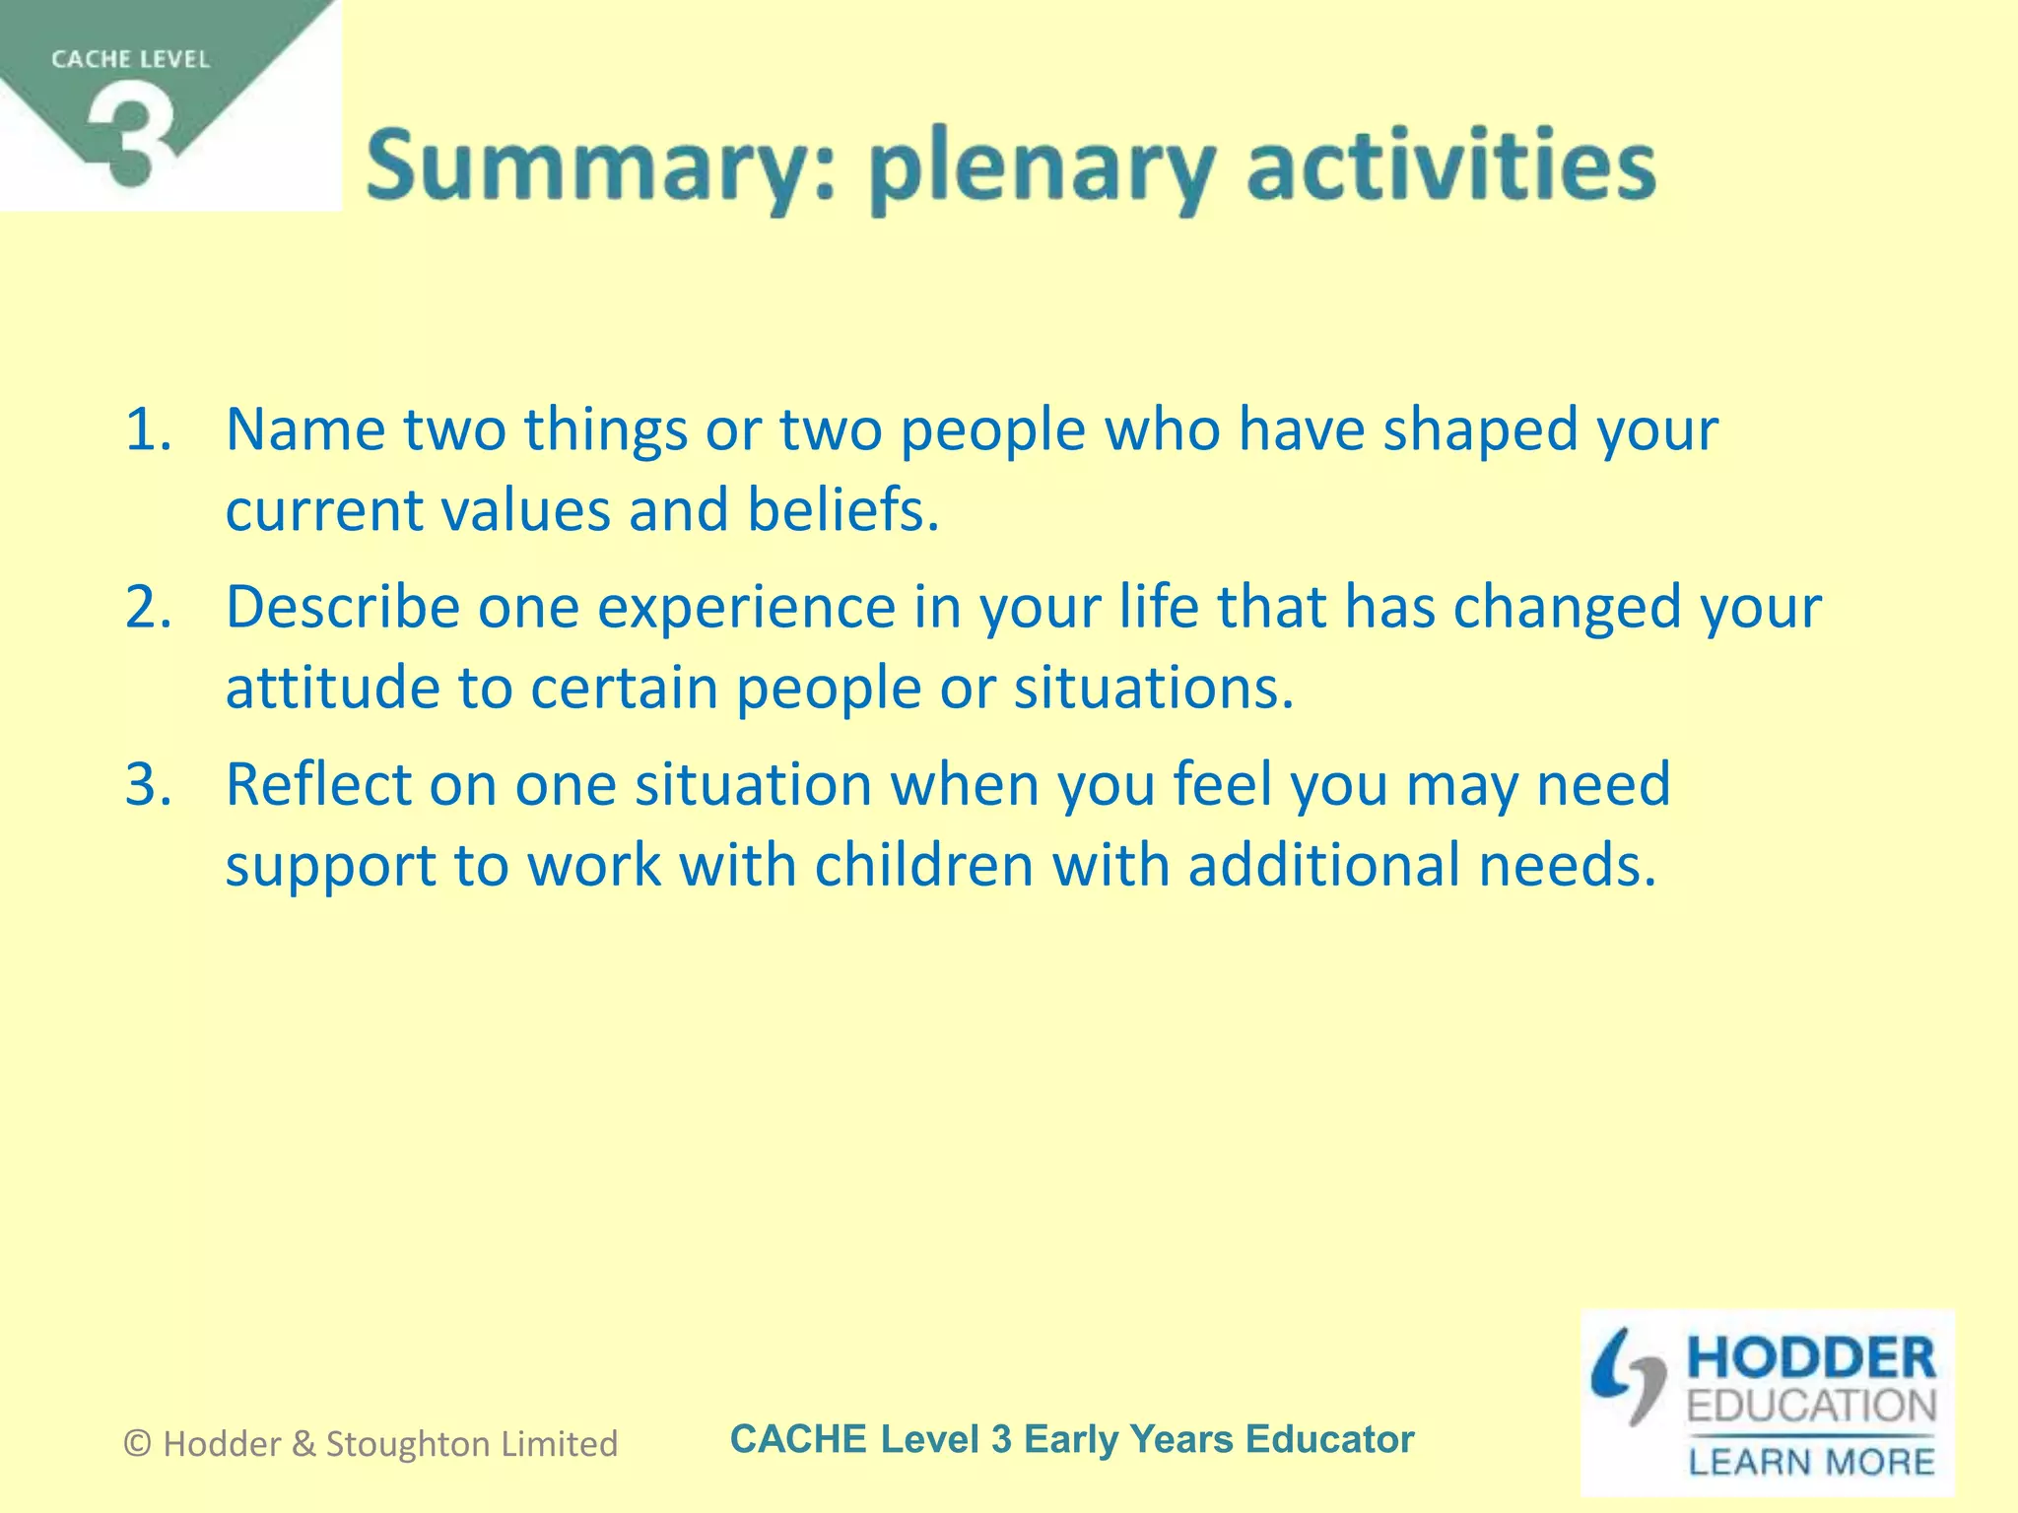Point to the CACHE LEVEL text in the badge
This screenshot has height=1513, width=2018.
[x=130, y=59]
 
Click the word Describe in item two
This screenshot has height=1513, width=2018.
[x=342, y=607]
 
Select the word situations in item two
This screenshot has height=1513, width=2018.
[x=1152, y=688]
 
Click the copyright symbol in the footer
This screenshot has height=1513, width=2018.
[x=138, y=1444]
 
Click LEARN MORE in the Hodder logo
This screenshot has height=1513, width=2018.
[x=1811, y=1461]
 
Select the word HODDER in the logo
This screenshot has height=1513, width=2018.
[x=1811, y=1359]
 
